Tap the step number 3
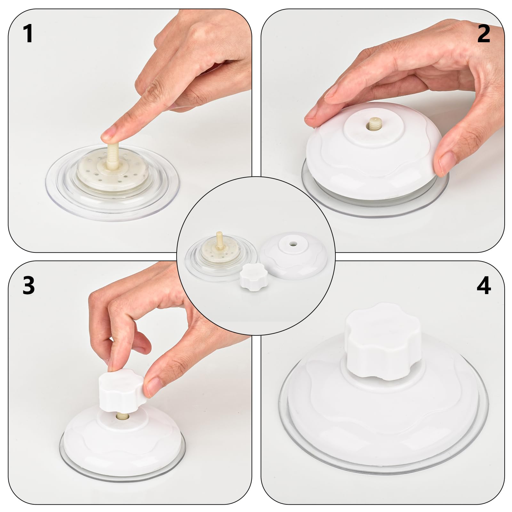[28, 285]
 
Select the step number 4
[484, 285]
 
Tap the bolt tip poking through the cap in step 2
[373, 123]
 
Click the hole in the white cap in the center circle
[292, 244]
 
